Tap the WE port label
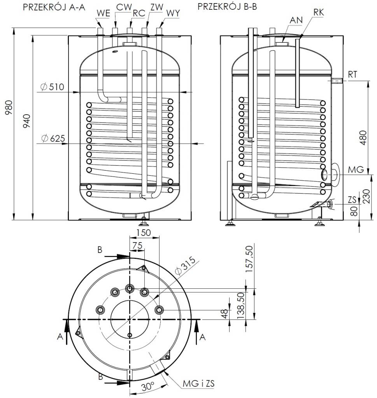pos(103,13)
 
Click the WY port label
pos(173,13)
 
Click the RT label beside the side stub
pos(352,75)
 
